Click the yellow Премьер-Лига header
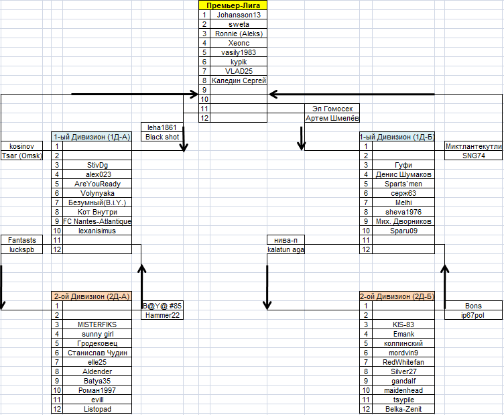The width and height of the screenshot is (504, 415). tap(233, 5)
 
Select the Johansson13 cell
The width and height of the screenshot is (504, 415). tap(239, 14)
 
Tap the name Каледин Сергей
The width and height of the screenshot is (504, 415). tap(239, 80)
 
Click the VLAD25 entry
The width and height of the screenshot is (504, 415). tap(239, 70)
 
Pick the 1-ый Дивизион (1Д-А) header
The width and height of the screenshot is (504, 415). tap(92, 136)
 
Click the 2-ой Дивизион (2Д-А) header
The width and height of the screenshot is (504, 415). tap(92, 296)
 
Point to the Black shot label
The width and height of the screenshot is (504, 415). tap(162, 137)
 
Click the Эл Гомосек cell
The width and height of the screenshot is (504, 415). tap(332, 108)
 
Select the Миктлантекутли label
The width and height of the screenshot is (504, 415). tap(473, 146)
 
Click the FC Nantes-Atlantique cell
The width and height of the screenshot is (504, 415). tap(97, 221)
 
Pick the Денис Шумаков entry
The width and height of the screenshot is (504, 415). tap(403, 174)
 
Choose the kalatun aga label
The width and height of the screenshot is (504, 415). tap(286, 249)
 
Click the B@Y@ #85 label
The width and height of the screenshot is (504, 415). tap(162, 306)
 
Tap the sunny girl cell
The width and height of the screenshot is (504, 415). tap(97, 333)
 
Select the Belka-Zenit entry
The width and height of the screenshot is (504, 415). tap(403, 409)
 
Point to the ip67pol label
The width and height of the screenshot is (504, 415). tap(473, 315)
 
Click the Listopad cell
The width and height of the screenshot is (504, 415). tap(97, 409)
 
